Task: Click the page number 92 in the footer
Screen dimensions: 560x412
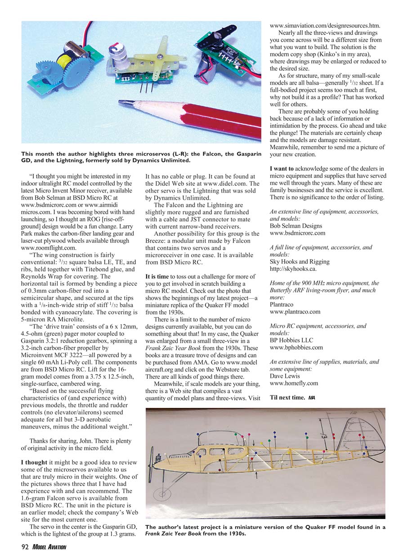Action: point(25,547)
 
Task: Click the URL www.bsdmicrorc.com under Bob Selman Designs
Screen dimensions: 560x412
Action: point(297,233)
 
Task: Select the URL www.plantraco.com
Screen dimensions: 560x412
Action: point(295,311)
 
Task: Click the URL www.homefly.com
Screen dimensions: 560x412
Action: point(294,383)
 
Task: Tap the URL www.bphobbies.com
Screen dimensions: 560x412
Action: point(296,347)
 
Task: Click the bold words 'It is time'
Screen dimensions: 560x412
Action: point(157,276)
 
